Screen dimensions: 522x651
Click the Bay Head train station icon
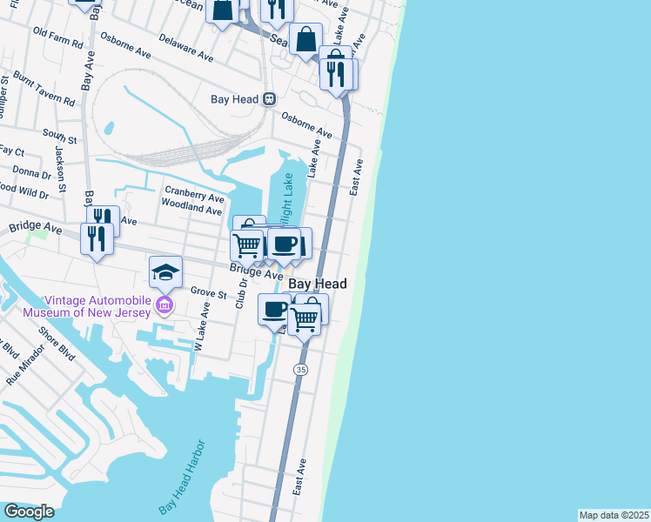(x=270, y=99)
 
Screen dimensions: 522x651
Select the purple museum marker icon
(x=164, y=304)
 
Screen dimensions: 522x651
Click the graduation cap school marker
(x=165, y=273)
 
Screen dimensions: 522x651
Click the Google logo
(x=29, y=512)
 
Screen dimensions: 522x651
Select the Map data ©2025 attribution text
(x=614, y=515)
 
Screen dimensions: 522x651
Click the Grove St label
(x=208, y=294)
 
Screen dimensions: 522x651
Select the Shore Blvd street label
(x=57, y=345)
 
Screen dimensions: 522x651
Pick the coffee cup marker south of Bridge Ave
(x=275, y=310)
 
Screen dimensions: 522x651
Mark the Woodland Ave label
(x=191, y=210)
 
